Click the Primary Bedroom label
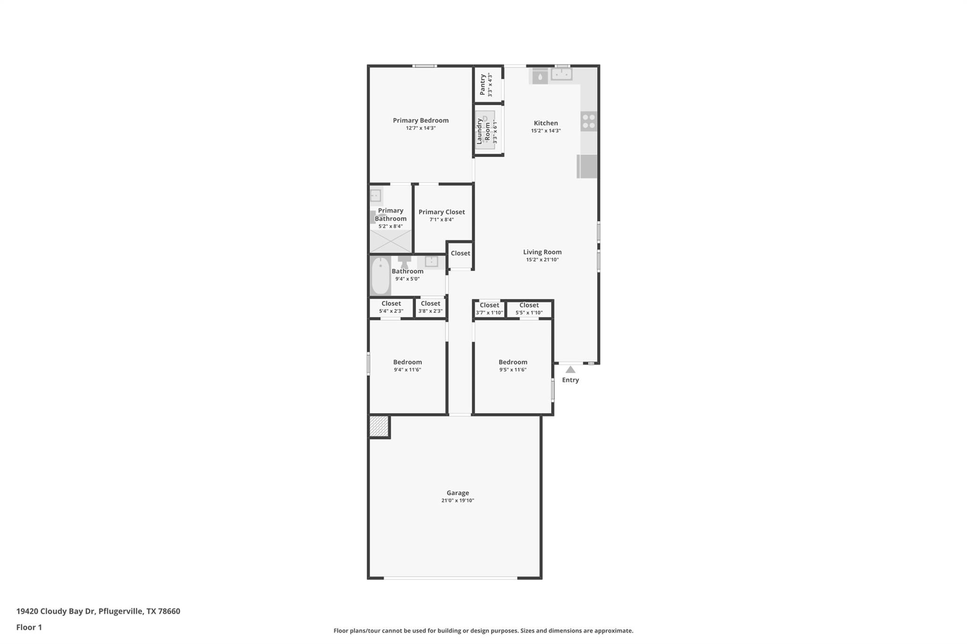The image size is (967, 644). coord(420,120)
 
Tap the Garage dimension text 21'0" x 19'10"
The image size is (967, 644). coord(457,501)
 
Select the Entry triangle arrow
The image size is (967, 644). coord(570,369)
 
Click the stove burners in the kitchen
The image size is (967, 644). coord(588,121)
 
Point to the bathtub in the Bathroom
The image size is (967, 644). coord(380,276)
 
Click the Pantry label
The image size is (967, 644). coord(483,84)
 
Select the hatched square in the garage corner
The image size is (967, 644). coord(379,427)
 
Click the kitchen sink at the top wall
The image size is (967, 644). coord(561,74)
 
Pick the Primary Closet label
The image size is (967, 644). coord(441,212)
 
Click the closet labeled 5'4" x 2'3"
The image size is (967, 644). coord(391,307)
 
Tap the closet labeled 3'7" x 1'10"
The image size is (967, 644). coord(489,309)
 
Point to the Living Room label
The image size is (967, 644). coord(542,252)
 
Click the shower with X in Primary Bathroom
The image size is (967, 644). coord(390,241)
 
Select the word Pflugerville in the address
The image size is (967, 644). coord(120,611)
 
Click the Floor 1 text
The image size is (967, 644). coord(29,627)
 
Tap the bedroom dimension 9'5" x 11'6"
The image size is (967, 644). coord(513,370)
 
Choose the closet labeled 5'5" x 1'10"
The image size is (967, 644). coord(529,309)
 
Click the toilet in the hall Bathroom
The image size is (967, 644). coord(404,261)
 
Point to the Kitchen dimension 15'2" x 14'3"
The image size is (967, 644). coord(545,131)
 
